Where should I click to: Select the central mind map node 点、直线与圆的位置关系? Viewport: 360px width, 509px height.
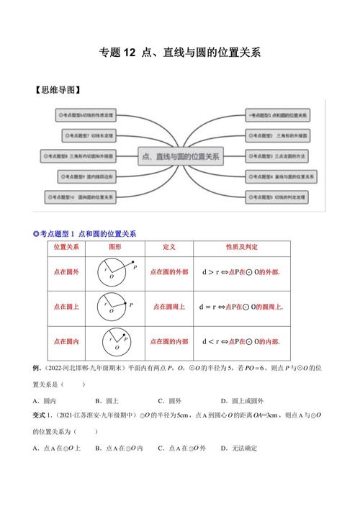[180, 153]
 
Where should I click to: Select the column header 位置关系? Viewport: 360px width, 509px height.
[66, 246]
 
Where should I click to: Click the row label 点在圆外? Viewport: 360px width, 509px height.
[66, 271]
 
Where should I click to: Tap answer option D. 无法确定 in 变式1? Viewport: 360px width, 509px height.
[239, 448]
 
